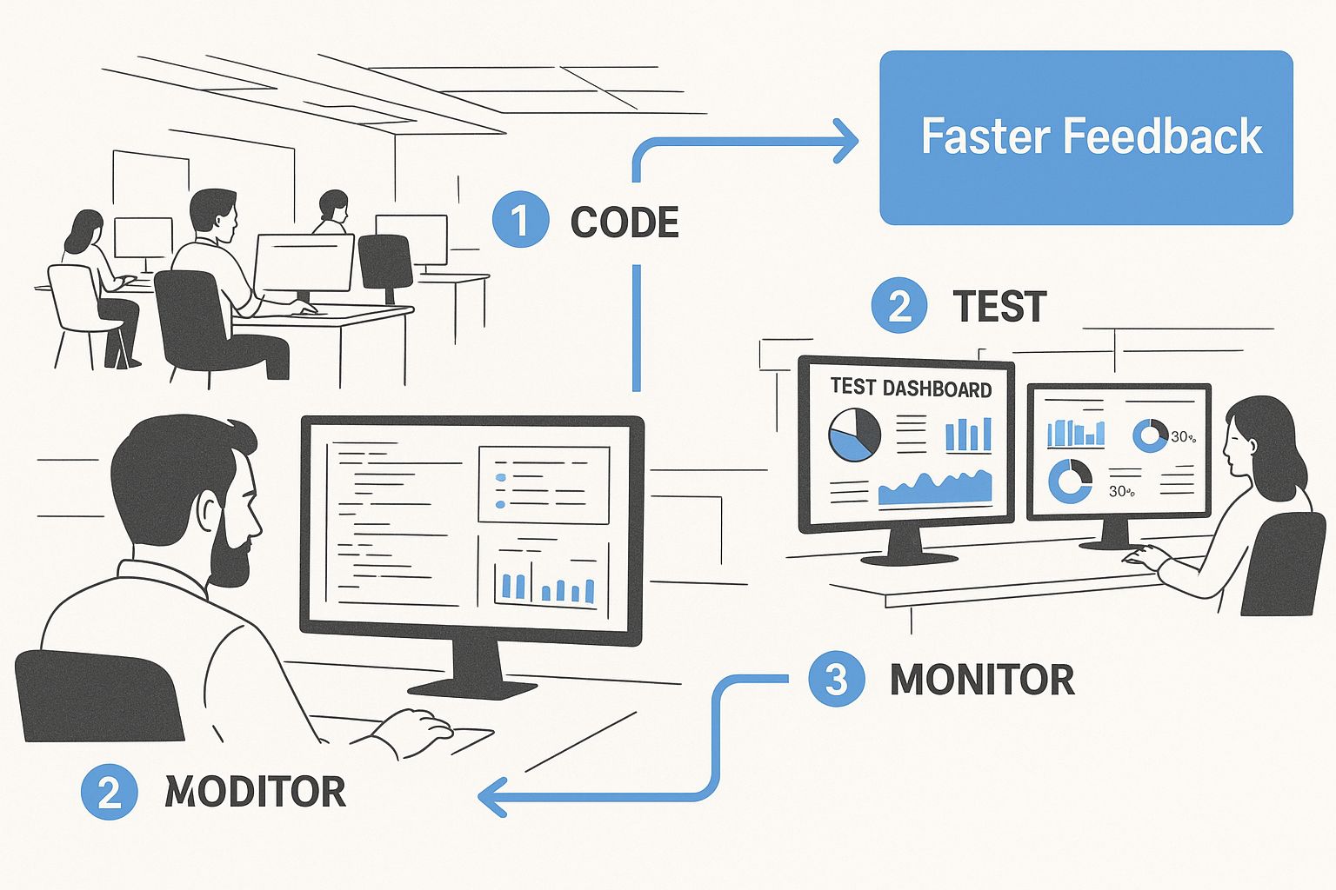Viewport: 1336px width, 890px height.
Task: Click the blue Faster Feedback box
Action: [x=1085, y=137]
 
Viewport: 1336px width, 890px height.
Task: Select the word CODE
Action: [x=625, y=222]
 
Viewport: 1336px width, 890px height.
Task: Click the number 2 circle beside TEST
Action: [x=899, y=306]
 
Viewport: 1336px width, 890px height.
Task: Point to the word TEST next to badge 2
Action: [x=999, y=307]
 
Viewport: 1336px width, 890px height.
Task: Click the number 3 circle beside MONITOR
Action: [x=836, y=679]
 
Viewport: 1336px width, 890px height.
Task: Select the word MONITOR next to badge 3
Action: [x=982, y=680]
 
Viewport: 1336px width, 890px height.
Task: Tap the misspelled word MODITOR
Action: [x=256, y=792]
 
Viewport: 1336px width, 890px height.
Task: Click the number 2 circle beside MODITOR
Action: [x=109, y=792]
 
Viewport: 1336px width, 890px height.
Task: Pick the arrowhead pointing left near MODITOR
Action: [x=492, y=796]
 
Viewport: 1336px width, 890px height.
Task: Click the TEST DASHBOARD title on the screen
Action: [x=911, y=389]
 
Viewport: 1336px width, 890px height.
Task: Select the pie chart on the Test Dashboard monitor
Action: [x=854, y=435]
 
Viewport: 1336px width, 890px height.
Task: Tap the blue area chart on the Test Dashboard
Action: [x=935, y=490]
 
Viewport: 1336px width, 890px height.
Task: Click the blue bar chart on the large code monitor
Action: [x=544, y=584]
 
